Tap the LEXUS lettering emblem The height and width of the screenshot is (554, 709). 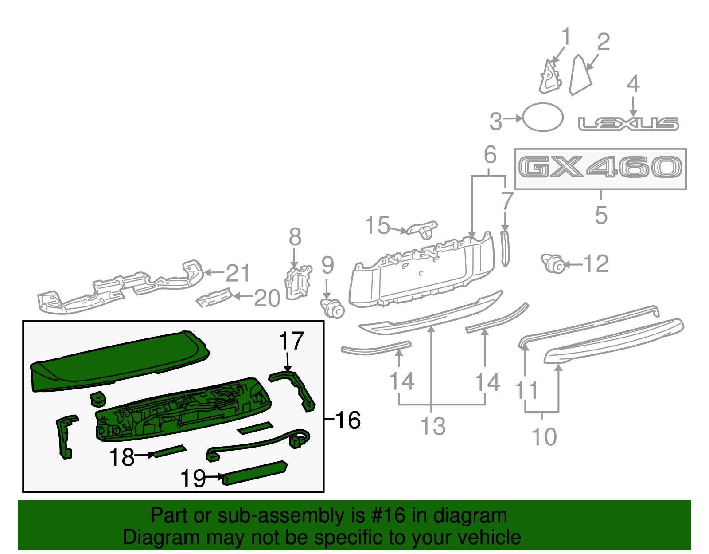pos(628,124)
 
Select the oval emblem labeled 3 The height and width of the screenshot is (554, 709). pos(543,117)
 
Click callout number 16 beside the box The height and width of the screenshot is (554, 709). pos(348,420)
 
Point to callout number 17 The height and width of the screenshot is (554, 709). pos(291,341)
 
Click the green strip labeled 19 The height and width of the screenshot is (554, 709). pos(255,473)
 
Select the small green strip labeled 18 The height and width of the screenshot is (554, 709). pos(168,452)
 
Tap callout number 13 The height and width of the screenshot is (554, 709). pos(432,426)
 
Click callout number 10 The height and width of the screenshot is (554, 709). pos(544,436)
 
